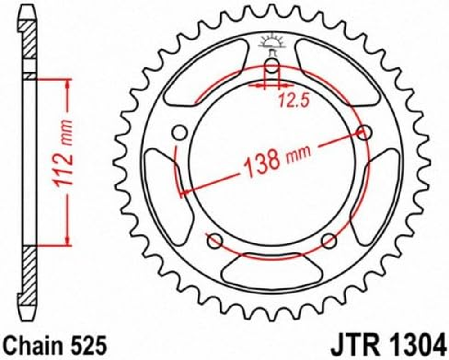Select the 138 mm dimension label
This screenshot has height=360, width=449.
pyautogui.click(x=276, y=160)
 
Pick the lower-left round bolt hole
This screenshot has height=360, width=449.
pyautogui.click(x=214, y=241)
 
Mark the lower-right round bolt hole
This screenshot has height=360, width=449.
pyautogui.click(x=329, y=241)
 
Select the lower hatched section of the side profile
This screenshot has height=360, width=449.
pyautogui.click(x=28, y=270)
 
